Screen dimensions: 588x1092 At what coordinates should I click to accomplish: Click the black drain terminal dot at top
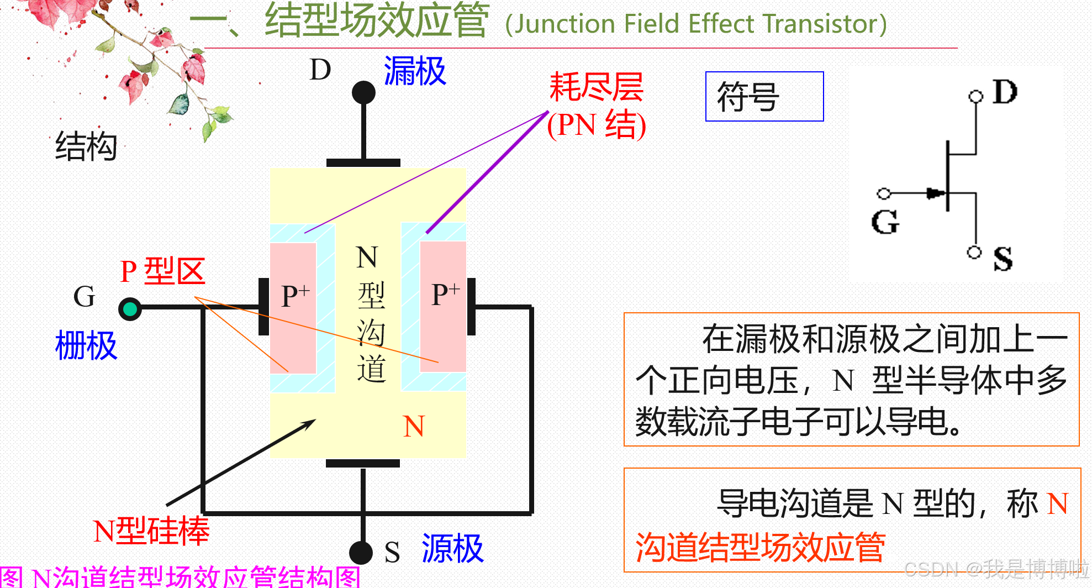click(x=363, y=92)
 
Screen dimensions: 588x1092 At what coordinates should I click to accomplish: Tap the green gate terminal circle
click(x=130, y=308)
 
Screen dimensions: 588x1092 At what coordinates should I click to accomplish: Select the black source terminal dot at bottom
click(x=361, y=552)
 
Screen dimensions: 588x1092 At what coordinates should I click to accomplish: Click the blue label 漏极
click(x=415, y=71)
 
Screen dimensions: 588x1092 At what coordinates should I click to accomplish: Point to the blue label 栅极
click(x=86, y=346)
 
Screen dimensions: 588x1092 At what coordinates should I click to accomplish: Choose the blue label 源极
click(x=452, y=549)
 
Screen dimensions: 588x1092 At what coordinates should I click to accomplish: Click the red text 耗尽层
click(x=596, y=87)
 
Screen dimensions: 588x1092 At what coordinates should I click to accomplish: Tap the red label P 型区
click(x=162, y=271)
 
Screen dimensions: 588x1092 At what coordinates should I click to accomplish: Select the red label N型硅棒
click(x=151, y=531)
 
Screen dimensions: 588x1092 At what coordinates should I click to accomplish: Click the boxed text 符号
click(x=748, y=97)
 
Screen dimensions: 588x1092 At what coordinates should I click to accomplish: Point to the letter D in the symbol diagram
click(x=1005, y=92)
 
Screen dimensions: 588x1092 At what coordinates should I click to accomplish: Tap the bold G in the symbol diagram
click(x=885, y=222)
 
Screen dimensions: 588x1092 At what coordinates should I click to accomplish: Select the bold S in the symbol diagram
click(x=1003, y=259)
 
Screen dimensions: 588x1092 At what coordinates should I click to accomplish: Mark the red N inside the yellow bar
click(x=414, y=426)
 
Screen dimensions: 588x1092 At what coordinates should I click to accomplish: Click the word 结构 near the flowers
click(x=86, y=146)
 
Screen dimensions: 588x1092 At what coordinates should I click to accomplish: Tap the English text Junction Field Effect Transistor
click(x=696, y=24)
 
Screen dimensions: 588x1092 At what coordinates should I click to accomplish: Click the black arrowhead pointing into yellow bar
click(x=309, y=423)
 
